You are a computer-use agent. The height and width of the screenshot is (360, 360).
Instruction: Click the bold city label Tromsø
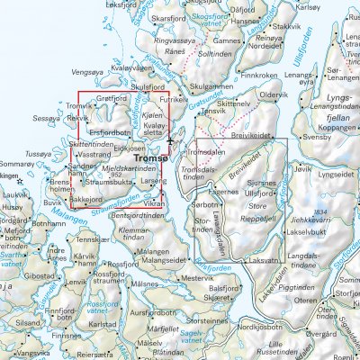click(150, 158)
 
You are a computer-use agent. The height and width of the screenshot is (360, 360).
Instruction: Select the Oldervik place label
click(274, 94)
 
